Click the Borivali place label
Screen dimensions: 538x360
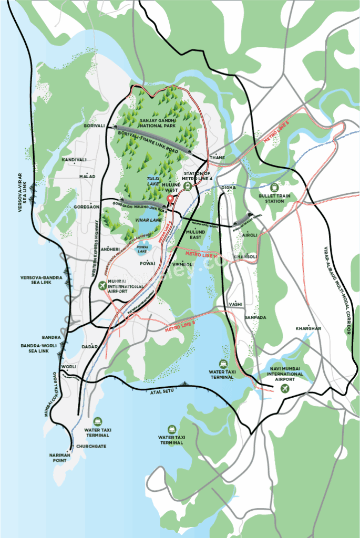[94, 126]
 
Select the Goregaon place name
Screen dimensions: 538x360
[86, 207]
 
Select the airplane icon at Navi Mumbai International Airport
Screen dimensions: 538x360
[285, 388]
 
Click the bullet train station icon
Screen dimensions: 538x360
[274, 187]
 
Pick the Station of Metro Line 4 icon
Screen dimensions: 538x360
[188, 185]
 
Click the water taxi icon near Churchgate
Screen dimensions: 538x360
[98, 421]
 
